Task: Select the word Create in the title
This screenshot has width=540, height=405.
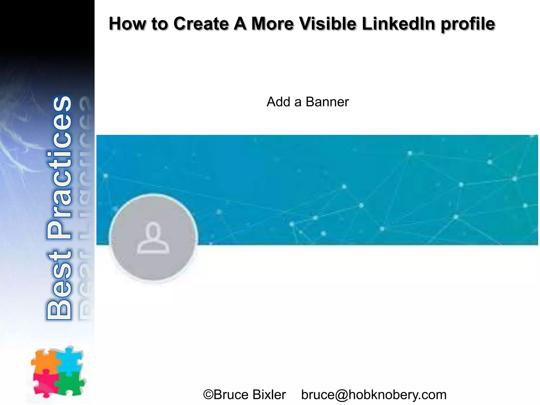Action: point(201,24)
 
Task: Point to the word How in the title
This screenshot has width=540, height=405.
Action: point(127,24)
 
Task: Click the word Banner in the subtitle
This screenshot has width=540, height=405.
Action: point(327,102)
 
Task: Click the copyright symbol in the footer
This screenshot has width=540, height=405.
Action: point(208,395)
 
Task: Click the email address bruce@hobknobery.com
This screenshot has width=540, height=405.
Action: point(374,395)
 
